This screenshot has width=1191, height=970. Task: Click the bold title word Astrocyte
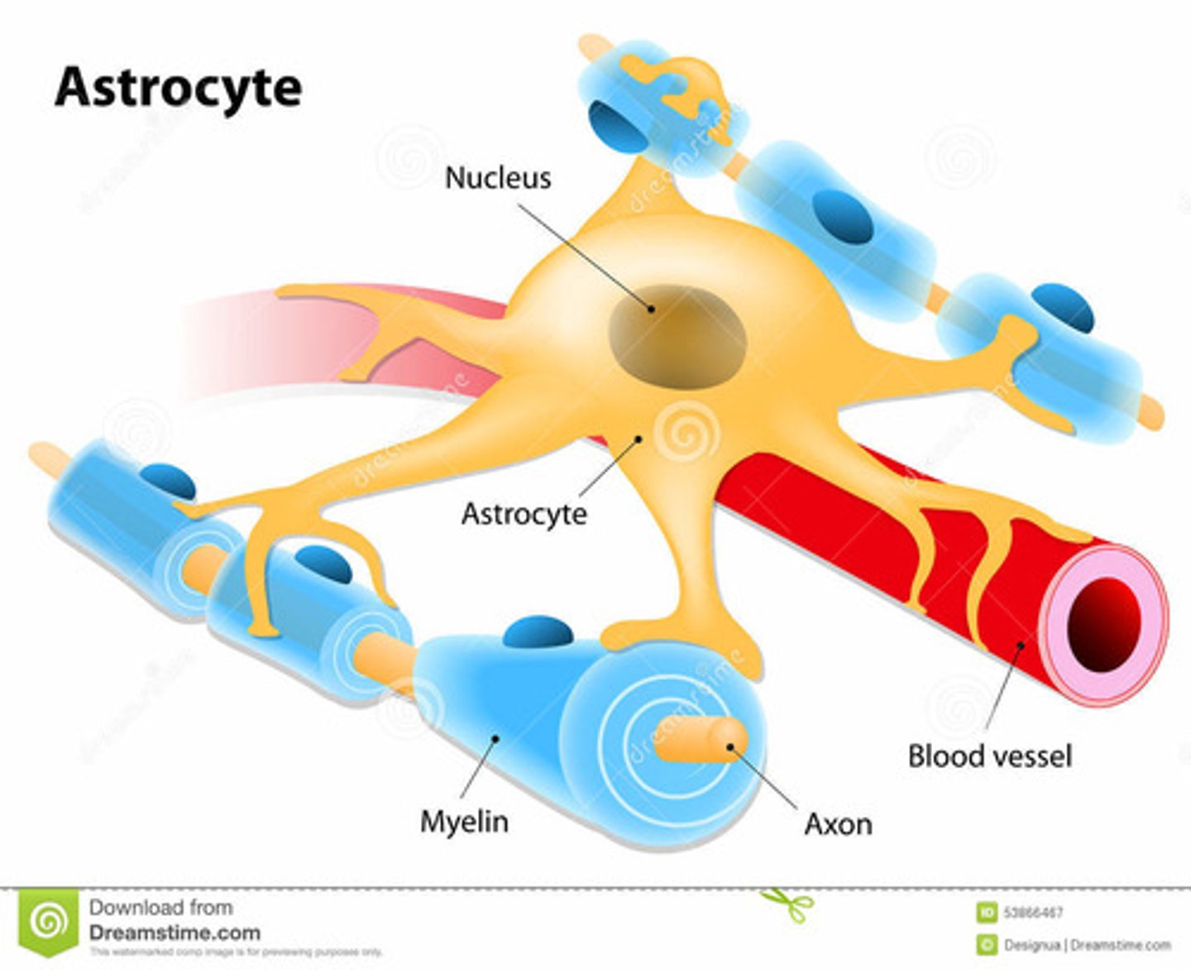pyautogui.click(x=178, y=88)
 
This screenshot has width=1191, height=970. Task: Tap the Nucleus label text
pyautogui.click(x=497, y=178)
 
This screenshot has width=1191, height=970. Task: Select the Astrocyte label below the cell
pyautogui.click(x=524, y=514)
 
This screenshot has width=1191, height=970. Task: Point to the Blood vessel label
pyautogui.click(x=989, y=756)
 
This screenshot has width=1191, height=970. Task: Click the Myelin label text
pyautogui.click(x=464, y=822)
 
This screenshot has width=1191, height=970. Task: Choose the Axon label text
pyautogui.click(x=838, y=824)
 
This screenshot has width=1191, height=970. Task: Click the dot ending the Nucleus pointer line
pyautogui.click(x=652, y=309)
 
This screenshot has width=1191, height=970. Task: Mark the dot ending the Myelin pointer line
pyautogui.click(x=496, y=737)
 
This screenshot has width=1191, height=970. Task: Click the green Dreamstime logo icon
pyautogui.click(x=49, y=921)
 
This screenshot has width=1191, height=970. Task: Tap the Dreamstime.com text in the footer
pyautogui.click(x=174, y=933)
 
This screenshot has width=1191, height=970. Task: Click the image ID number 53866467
pyautogui.click(x=1033, y=913)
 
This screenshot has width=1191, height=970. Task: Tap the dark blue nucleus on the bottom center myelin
pyautogui.click(x=538, y=632)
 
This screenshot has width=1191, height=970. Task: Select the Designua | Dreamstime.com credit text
pyautogui.click(x=1087, y=945)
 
